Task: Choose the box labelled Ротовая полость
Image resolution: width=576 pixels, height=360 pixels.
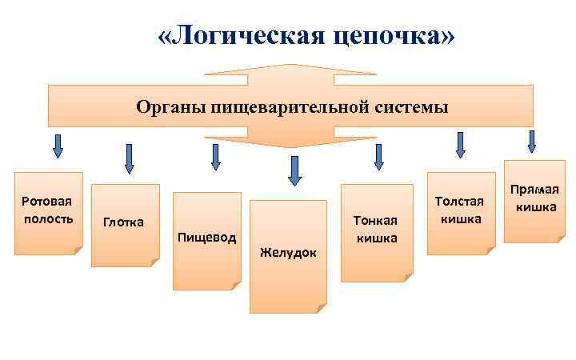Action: click(48, 213)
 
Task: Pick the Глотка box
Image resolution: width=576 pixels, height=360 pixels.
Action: click(125, 225)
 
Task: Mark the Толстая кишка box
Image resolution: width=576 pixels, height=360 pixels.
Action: click(460, 211)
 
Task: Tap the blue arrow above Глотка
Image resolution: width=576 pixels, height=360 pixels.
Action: click(129, 158)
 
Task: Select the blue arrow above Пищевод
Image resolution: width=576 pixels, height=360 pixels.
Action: click(215, 156)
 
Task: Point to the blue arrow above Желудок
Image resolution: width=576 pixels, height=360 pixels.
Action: click(294, 170)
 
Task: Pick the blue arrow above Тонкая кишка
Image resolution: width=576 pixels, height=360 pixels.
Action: click(378, 156)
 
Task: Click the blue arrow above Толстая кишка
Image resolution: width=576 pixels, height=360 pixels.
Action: click(460, 144)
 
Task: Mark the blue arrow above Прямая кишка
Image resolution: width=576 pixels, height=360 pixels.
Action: click(531, 141)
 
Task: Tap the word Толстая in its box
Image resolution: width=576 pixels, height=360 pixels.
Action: click(459, 201)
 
